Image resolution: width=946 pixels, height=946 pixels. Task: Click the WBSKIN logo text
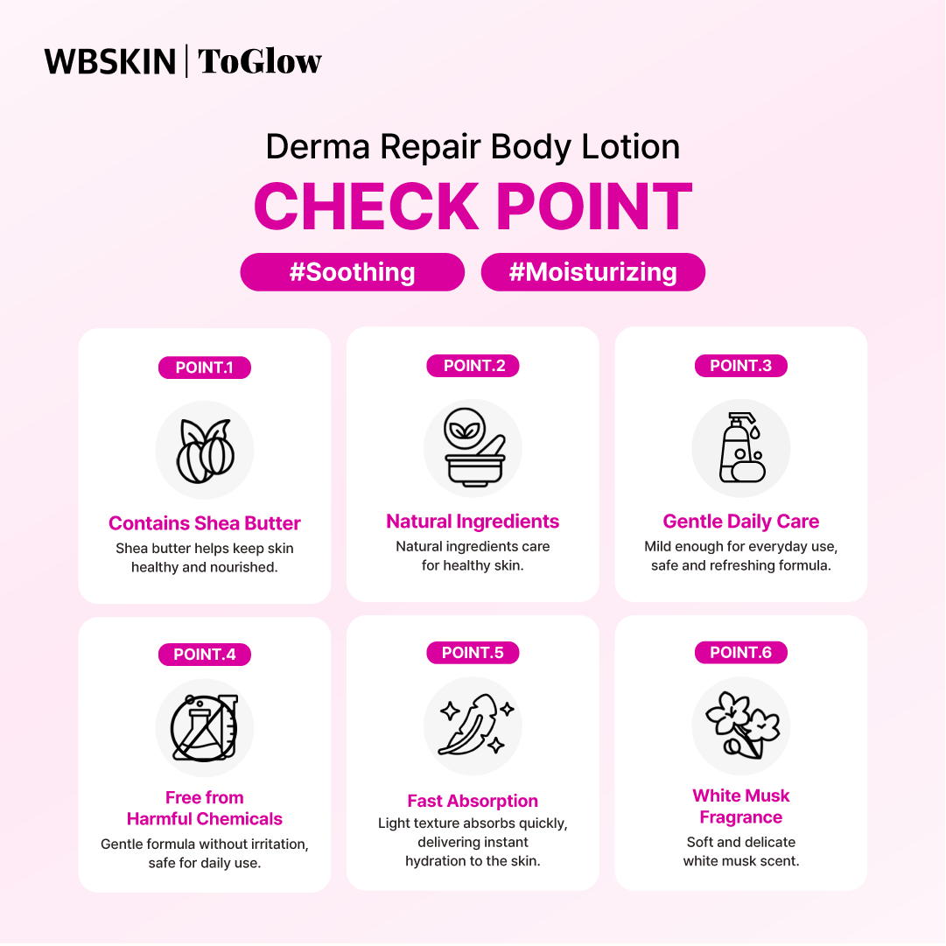pyautogui.click(x=109, y=61)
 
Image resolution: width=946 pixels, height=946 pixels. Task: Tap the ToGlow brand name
pyautogui.click(x=260, y=61)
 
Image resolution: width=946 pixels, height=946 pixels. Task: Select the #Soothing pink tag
pyautogui.click(x=353, y=272)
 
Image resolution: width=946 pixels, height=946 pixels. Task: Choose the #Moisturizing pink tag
pyautogui.click(x=593, y=272)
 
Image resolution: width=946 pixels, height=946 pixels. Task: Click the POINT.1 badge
pyautogui.click(x=205, y=368)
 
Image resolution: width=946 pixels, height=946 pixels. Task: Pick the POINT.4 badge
pyautogui.click(x=205, y=655)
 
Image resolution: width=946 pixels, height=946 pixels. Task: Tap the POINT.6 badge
pyautogui.click(x=741, y=652)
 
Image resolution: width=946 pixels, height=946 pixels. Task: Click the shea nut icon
pyautogui.click(x=205, y=451)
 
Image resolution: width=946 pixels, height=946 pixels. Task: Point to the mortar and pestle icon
pyautogui.click(x=473, y=447)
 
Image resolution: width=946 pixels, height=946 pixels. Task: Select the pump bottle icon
pyautogui.click(x=741, y=448)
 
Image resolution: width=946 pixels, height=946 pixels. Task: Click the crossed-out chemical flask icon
pyautogui.click(x=204, y=727)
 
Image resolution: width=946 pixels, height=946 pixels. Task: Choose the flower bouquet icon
pyautogui.click(x=743, y=725)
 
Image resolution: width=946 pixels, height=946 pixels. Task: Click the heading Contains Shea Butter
pyautogui.click(x=205, y=523)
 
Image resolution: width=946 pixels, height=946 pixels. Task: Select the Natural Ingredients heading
pyautogui.click(x=473, y=522)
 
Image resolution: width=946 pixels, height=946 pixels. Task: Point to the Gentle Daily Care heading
pyautogui.click(x=741, y=522)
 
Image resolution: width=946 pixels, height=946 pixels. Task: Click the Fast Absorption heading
pyautogui.click(x=473, y=801)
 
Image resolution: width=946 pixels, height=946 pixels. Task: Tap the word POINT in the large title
pyautogui.click(x=593, y=207)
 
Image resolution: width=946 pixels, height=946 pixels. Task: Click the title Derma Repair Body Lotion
pyautogui.click(x=473, y=147)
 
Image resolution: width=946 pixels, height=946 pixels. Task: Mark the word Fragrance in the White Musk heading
pyautogui.click(x=741, y=817)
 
